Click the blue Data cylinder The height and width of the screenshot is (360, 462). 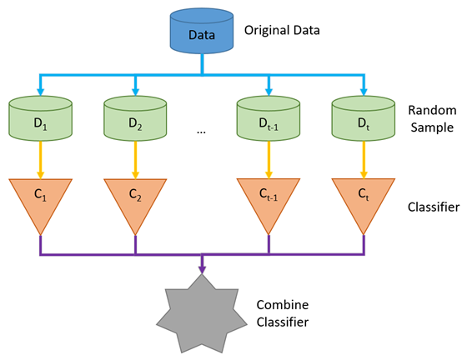point(202,34)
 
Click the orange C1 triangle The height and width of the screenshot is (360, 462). point(39,198)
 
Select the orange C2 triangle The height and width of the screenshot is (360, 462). point(135,198)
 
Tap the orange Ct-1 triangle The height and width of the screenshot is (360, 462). point(268,198)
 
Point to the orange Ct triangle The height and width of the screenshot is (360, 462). point(363,198)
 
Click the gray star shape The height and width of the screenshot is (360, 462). point(202,312)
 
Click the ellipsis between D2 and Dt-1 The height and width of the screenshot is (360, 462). point(201,131)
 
